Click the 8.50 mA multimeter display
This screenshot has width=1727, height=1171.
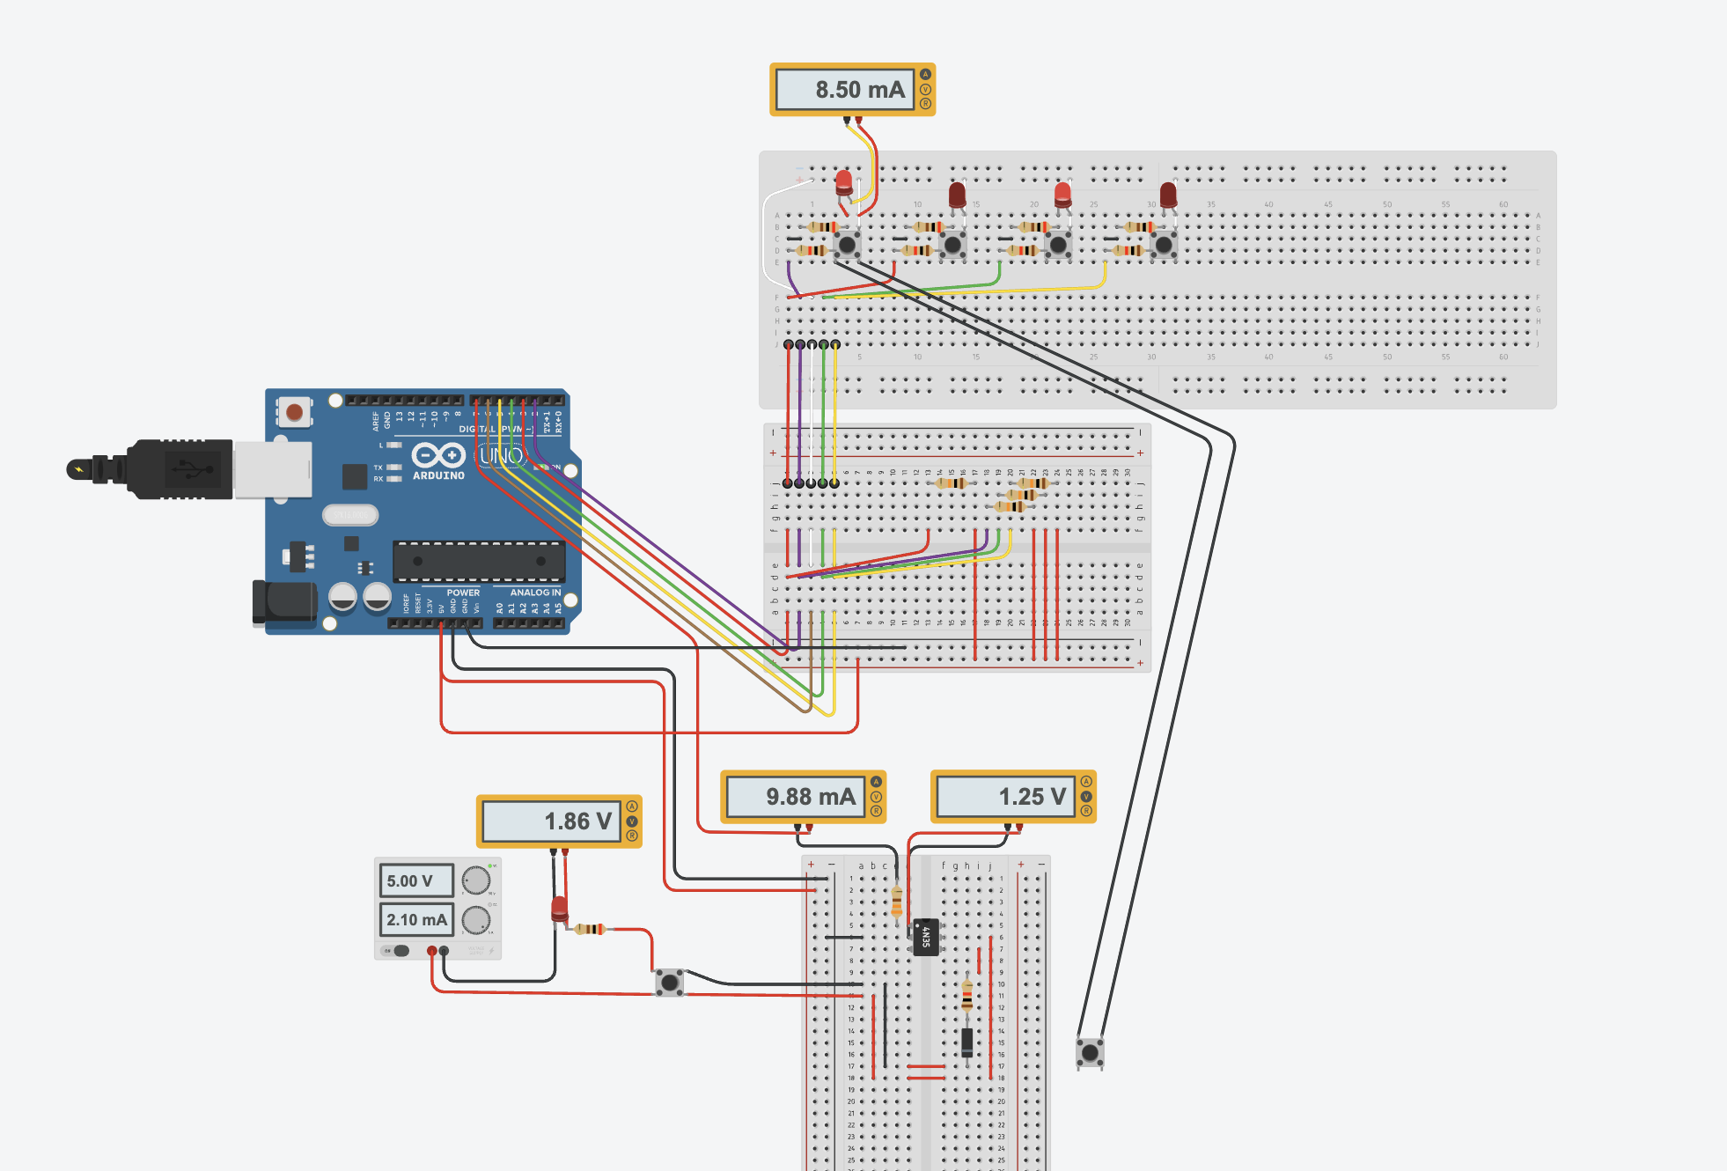click(844, 90)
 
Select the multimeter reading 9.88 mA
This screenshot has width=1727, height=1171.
click(796, 797)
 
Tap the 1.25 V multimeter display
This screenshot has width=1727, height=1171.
click(1006, 797)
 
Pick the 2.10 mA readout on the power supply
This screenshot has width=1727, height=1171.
click(416, 919)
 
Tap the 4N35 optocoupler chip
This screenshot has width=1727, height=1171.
click(925, 937)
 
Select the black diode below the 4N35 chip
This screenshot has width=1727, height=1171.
click(967, 1042)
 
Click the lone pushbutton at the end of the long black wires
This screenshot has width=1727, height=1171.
click(1090, 1052)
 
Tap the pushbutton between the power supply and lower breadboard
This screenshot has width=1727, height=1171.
click(670, 982)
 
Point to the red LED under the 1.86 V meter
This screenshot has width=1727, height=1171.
click(559, 908)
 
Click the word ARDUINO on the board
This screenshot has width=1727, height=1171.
click(438, 475)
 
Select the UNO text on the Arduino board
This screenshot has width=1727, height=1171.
click(502, 455)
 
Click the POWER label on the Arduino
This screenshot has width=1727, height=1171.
click(463, 593)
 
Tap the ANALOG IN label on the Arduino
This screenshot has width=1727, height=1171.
click(534, 593)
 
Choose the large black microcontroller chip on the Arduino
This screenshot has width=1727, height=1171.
click(478, 561)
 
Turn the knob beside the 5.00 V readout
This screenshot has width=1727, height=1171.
click(476, 880)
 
